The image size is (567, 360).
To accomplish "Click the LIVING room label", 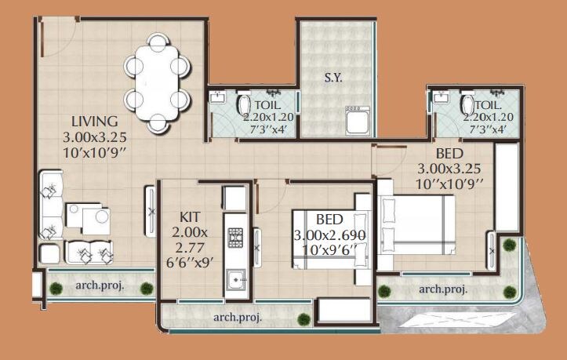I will click(94, 122).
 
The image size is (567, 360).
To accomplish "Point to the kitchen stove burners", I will click(235, 237).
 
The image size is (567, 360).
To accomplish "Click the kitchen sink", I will click(235, 278).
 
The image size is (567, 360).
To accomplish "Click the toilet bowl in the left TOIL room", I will click(243, 105).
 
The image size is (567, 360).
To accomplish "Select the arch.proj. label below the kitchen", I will click(238, 317).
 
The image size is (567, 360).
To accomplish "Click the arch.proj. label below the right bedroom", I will click(443, 289).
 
